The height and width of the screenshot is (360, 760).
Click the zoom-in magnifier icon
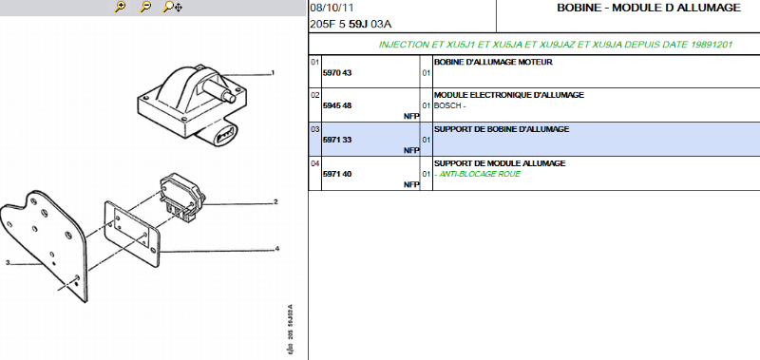(120, 7)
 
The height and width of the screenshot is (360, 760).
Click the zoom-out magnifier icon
(145, 7)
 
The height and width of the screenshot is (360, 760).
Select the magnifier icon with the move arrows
(173, 7)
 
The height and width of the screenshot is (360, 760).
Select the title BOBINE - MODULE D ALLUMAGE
(649, 8)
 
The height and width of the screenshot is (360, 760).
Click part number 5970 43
(337, 73)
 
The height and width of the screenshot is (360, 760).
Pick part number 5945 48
(337, 105)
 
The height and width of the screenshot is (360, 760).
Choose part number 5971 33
(337, 140)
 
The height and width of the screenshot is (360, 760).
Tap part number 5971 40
(337, 174)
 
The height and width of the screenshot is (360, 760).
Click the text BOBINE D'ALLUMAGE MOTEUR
(493, 62)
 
